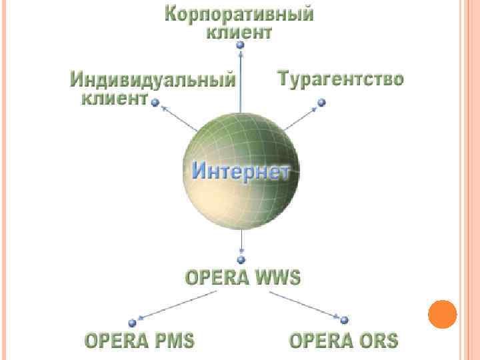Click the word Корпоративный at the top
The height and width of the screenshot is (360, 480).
click(x=239, y=14)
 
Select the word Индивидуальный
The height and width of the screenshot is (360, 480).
click(x=153, y=81)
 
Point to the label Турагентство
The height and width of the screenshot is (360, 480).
click(x=340, y=79)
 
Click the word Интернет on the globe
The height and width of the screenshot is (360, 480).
click(x=241, y=171)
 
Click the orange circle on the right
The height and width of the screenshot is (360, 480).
click(x=442, y=314)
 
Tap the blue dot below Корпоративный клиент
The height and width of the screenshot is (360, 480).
click(x=240, y=45)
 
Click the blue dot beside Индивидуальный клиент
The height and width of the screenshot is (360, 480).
click(x=155, y=103)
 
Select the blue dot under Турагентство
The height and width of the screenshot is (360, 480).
click(x=321, y=103)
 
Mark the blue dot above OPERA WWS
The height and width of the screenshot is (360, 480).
click(x=241, y=259)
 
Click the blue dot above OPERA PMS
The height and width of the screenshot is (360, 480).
click(x=132, y=323)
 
